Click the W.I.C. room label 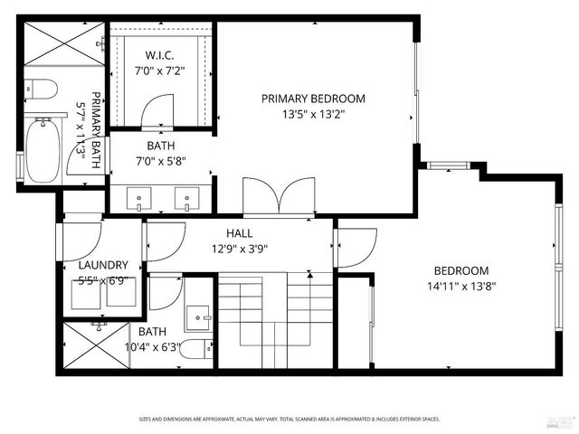pos(160,55)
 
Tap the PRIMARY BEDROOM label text pos(313,99)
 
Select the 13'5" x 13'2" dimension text pos(314,114)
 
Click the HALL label pos(239,233)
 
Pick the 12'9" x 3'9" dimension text pos(239,249)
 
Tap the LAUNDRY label pos(103,265)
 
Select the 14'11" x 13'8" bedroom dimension pos(461,286)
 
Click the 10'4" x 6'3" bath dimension pos(153,345)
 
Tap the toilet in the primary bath pos(40,89)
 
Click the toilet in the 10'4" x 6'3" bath pos(195,349)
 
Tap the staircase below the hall pos(276,321)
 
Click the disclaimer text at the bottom pos(289,418)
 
